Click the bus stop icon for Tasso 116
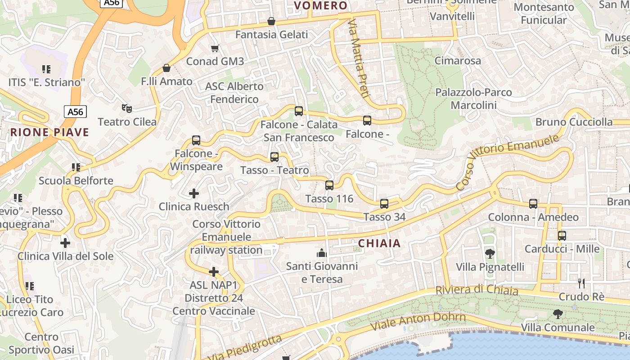point(329,185)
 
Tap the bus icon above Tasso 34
point(384,204)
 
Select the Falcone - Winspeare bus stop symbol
point(196,140)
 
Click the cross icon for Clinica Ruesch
point(194,193)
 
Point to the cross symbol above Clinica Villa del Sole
point(65,243)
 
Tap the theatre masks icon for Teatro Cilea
point(127,108)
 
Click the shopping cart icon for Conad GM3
point(215,48)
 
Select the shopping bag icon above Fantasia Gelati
point(271,21)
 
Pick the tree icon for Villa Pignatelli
point(490,254)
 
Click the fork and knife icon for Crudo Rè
point(581,283)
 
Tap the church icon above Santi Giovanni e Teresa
point(322,253)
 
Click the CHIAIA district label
point(379,243)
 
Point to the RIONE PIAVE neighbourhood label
point(50,132)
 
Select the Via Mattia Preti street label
point(359,58)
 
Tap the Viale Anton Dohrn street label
point(418,321)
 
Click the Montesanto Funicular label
point(544,14)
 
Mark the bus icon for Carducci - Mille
point(562,236)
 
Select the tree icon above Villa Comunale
point(558,314)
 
